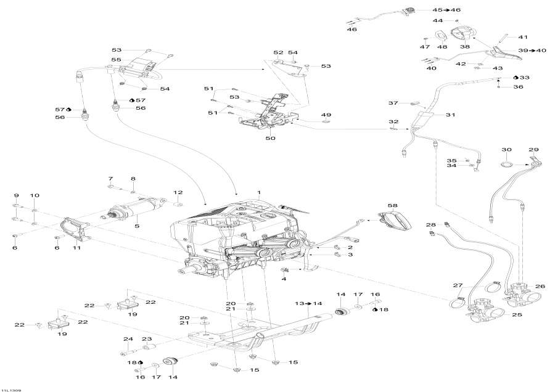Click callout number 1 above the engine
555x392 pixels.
pos(259,193)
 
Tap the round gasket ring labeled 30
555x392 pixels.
pos(506,165)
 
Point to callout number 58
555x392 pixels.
pos(393,205)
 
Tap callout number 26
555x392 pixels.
pos(540,286)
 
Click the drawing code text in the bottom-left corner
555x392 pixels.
pos(12,388)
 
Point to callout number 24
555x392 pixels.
pos(128,339)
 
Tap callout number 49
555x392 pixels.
pos(326,115)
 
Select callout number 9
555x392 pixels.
pos(17,195)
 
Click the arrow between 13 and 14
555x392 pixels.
pos(308,304)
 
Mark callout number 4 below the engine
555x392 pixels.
pos(284,279)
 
